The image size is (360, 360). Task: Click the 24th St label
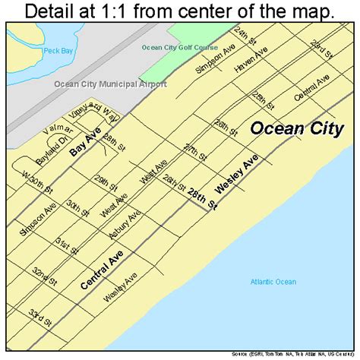point(245,36)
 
